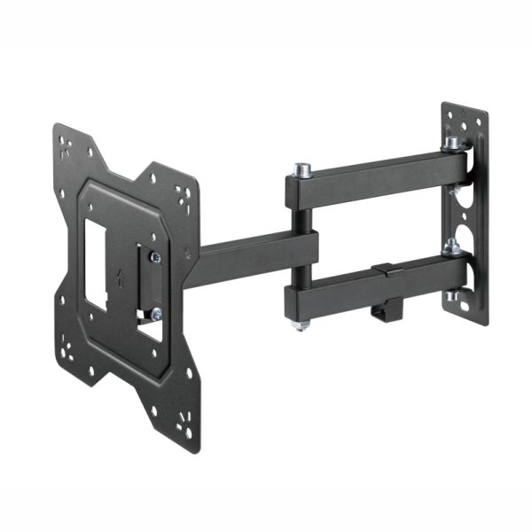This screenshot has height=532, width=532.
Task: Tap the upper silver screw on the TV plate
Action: tap(155, 257)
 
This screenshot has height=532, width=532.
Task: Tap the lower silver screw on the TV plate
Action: tap(155, 312)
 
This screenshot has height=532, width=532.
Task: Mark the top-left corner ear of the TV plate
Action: tap(71, 142)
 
